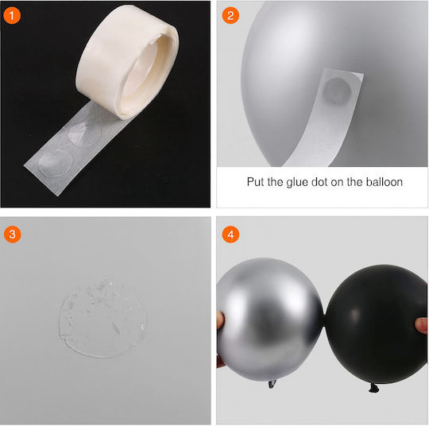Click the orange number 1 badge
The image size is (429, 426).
pos(12,16)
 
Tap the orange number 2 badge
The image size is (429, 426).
pos(230,15)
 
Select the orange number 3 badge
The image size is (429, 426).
pos(12,234)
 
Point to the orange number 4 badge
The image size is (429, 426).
pos(230,234)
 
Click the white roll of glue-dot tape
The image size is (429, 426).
pos(127,63)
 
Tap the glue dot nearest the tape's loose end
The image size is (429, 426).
pos(56,163)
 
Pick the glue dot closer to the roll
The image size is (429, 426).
pos(84,134)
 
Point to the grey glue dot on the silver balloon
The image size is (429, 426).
pos(337,91)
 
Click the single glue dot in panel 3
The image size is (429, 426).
pos(102,319)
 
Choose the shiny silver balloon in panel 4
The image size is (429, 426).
pos(269,319)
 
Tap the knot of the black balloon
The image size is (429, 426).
pos(373,388)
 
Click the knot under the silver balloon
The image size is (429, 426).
pos(272,384)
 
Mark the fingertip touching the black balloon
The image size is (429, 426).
pos(421,325)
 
